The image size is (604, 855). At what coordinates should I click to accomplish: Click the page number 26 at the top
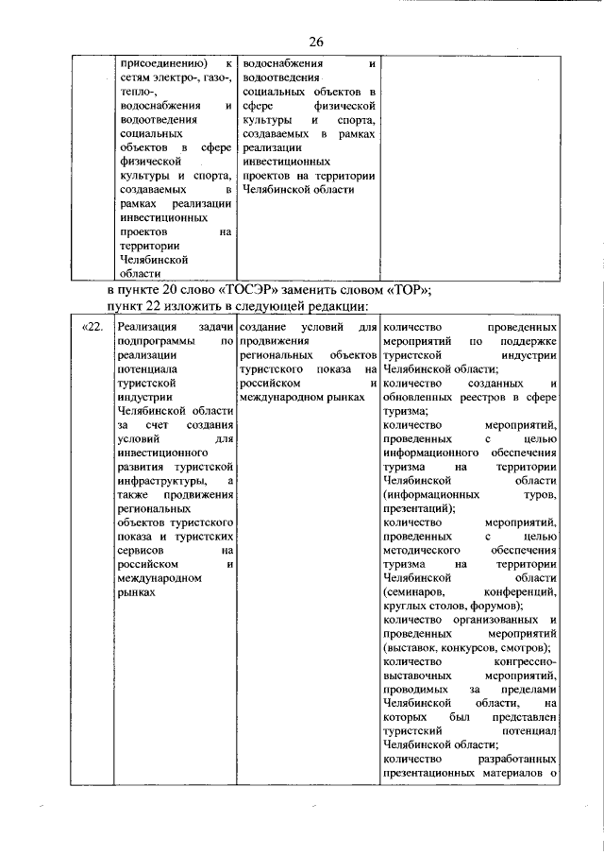click(315, 42)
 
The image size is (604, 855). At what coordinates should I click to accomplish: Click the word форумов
click(497, 606)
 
